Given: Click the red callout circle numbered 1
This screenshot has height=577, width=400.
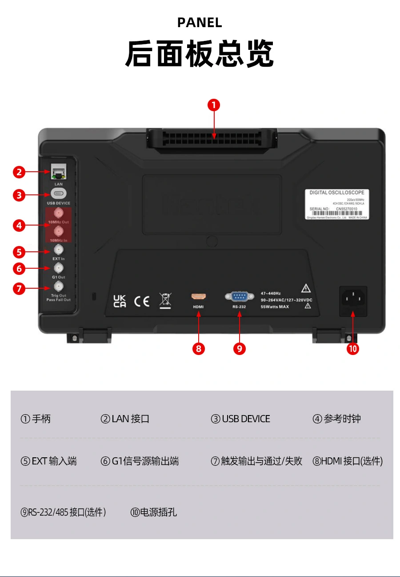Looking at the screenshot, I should point(214,105).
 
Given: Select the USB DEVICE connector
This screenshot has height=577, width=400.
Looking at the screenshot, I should point(58,194).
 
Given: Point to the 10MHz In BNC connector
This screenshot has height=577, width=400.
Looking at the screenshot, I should point(58,231).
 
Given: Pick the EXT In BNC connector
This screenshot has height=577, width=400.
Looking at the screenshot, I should point(58,250).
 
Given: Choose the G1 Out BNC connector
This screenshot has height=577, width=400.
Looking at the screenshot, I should point(58,268).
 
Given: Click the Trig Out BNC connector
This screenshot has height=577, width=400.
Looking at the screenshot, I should point(58,286).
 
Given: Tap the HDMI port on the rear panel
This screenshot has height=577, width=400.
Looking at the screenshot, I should point(198,297).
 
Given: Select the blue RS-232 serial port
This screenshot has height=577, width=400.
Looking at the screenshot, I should point(239,296).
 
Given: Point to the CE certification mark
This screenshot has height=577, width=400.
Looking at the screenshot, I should point(142,301).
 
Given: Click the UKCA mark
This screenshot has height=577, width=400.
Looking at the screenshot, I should point(120,301).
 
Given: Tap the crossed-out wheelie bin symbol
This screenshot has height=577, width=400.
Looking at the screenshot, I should point(165,300).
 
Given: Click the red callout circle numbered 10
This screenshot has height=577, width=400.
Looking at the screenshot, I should point(353,349).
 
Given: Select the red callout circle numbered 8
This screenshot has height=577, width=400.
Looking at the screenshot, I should point(198,349).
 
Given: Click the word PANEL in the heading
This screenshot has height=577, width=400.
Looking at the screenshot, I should point(200,23).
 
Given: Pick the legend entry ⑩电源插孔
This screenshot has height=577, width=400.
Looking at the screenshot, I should point(154,512).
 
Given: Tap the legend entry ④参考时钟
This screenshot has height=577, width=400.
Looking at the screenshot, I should point(336,419).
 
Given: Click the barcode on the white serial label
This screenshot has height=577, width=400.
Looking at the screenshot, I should point(337,213).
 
